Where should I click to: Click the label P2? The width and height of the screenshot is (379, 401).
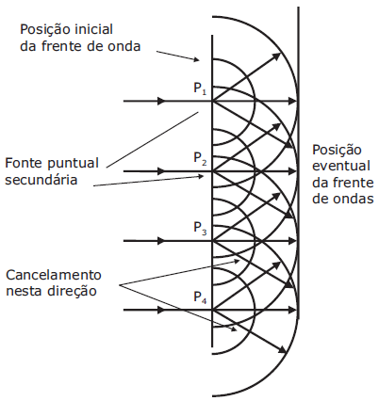[x=199, y=159]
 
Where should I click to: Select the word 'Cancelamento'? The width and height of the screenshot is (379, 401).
[x=53, y=276]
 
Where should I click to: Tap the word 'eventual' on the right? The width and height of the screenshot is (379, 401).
[x=341, y=166]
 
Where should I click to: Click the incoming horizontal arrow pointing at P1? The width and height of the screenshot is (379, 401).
[x=151, y=100]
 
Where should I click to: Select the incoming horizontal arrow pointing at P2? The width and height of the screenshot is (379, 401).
[x=151, y=170]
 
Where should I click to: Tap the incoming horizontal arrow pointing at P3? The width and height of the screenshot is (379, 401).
[x=151, y=240]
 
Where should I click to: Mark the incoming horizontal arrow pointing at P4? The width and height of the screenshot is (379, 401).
[x=151, y=310]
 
